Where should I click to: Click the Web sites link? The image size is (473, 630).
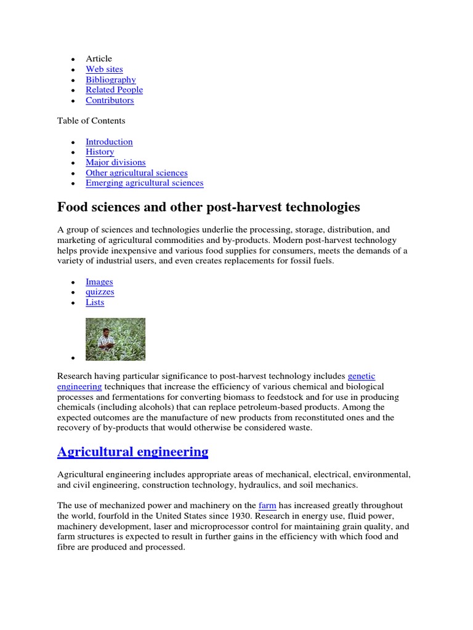104,70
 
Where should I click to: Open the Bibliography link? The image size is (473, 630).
111,80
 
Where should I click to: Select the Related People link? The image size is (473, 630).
114,90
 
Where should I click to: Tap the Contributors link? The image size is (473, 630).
110,100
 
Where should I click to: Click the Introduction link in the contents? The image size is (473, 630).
109,142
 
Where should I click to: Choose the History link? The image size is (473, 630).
100,152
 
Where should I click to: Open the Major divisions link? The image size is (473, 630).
116,162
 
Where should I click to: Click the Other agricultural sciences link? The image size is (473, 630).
137,173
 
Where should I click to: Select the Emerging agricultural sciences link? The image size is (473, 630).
144,183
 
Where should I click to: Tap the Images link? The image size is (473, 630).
99,282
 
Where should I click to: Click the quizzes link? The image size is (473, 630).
100,292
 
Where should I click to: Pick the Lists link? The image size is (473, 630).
95,302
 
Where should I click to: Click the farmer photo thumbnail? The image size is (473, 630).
115,339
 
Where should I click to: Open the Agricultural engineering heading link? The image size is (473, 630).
132,452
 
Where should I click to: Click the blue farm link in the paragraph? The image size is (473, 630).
267,506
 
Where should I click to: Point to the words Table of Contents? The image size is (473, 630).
91,121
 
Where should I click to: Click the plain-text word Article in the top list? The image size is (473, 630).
99,59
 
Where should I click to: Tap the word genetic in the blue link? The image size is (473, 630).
362,376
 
